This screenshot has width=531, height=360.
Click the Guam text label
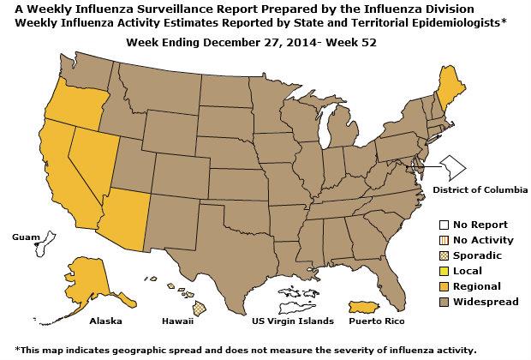(x=25, y=236)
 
